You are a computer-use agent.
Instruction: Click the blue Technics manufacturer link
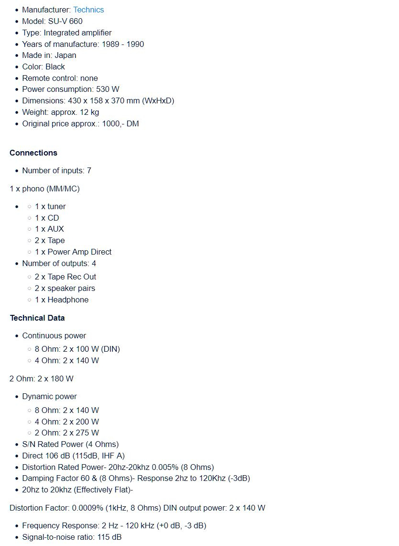(x=89, y=10)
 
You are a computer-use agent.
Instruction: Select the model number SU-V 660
(x=65, y=21)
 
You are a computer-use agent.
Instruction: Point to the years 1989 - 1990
(x=122, y=44)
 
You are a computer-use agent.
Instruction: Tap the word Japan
(x=65, y=55)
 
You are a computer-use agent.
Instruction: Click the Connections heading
(x=33, y=153)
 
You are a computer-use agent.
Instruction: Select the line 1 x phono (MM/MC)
(x=44, y=189)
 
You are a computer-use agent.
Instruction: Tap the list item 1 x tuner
(x=50, y=206)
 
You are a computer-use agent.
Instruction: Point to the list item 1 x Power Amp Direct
(x=73, y=252)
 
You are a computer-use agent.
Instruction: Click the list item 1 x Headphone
(x=62, y=300)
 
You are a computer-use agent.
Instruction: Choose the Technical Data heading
(x=37, y=318)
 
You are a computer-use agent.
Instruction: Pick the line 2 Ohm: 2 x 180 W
(x=42, y=379)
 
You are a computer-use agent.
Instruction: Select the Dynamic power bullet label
(x=49, y=396)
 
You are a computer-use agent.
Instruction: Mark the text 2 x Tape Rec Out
(x=66, y=277)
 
